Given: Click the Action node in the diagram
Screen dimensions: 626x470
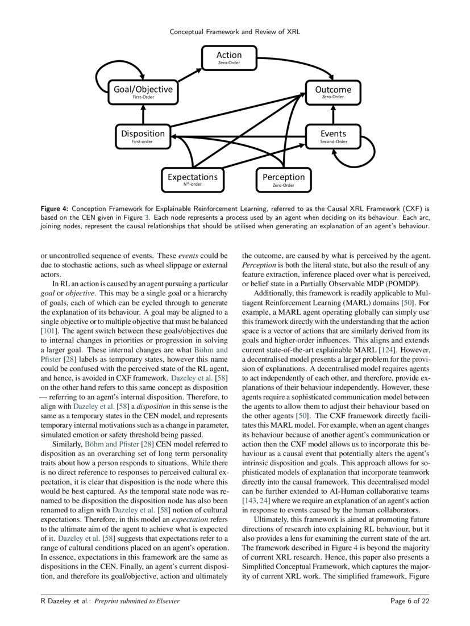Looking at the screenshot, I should click(229, 57).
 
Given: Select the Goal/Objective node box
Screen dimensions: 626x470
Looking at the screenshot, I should click(143, 92).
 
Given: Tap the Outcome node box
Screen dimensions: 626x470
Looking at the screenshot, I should click(332, 92).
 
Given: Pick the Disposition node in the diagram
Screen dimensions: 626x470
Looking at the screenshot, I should click(143, 136).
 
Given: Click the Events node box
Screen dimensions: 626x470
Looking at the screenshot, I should click(332, 136).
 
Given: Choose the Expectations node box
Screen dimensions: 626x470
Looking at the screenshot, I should click(192, 179).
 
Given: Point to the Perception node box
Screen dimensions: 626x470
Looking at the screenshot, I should click(283, 179).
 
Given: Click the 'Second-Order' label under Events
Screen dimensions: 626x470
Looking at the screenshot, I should click(333, 141).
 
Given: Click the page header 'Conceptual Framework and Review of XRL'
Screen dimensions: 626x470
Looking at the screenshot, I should click(235, 32).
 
